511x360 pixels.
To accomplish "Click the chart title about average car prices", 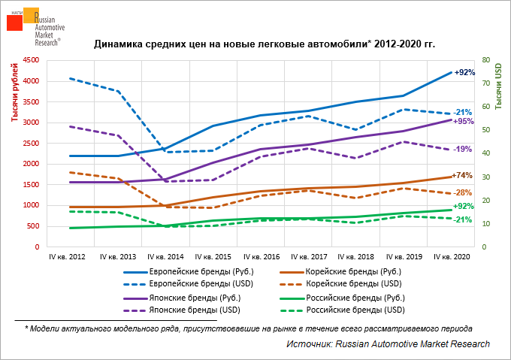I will [265, 44].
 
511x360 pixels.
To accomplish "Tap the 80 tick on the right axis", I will [485, 60].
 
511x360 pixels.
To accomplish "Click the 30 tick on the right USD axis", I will [485, 177].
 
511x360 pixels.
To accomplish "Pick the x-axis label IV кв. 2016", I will [261, 257].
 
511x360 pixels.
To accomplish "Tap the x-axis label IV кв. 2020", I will [452, 257].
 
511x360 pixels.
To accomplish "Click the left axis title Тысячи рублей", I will [14, 94].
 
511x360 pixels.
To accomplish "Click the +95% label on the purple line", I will [464, 121].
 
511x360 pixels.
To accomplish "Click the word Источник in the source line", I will [308, 343].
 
